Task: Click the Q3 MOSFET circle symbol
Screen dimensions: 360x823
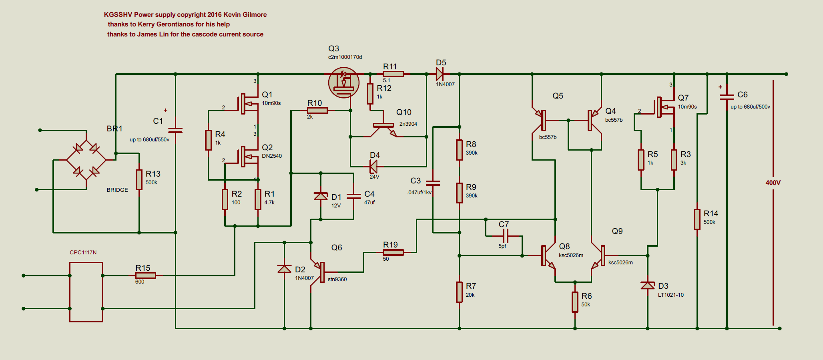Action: pos(343,82)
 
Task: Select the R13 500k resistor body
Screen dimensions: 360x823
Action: pos(139,179)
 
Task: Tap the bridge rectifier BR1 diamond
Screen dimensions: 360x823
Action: pos(86,160)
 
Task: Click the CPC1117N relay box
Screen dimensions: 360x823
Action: pos(86,292)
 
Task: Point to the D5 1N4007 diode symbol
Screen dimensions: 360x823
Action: pos(440,74)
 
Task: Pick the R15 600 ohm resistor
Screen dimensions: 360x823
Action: pos(145,276)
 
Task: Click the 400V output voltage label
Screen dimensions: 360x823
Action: pos(773,183)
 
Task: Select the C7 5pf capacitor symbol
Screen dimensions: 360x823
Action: pos(506,236)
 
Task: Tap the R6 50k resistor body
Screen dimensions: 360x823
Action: pos(575,302)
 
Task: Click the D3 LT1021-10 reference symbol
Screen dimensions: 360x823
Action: pos(648,286)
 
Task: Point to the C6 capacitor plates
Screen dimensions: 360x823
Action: pos(727,97)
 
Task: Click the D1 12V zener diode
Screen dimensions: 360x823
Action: pos(321,196)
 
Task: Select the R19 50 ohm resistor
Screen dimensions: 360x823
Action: pos(393,252)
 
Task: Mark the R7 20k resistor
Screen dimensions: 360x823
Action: pos(459,292)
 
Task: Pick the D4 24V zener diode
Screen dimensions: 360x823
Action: pos(373,166)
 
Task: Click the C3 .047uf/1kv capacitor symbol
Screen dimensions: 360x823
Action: pos(433,183)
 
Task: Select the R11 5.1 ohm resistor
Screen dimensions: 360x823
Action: pos(393,74)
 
